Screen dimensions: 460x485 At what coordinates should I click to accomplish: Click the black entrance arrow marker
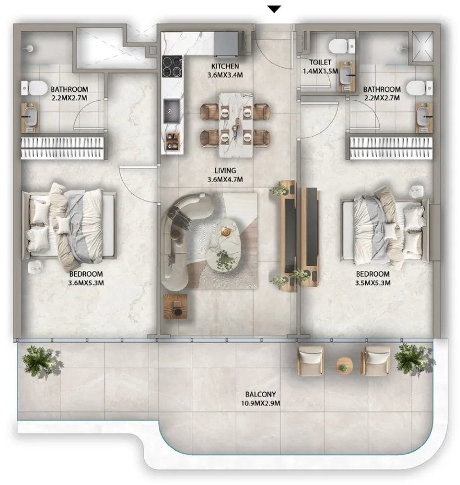[274, 10]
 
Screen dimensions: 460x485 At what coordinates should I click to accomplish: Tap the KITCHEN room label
[225, 66]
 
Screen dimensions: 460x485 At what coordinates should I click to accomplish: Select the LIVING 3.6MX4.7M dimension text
[225, 179]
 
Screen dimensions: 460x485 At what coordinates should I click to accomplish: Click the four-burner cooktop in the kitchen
[172, 67]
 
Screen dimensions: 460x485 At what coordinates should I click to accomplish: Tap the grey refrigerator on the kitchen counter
[226, 44]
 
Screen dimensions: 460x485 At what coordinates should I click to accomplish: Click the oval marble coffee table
[223, 246]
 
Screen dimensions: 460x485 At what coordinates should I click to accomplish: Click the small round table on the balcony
[344, 366]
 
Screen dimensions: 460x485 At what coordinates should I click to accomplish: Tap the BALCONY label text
[260, 394]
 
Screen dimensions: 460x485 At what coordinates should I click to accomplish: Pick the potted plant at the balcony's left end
[39, 362]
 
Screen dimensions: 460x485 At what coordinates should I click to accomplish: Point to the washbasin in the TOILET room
[347, 77]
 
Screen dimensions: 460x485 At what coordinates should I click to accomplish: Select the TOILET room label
[320, 62]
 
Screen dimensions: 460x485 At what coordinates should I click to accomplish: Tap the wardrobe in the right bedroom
[390, 148]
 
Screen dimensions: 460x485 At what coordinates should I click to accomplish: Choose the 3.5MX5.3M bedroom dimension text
[372, 283]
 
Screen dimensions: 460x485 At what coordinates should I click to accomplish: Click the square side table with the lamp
[176, 306]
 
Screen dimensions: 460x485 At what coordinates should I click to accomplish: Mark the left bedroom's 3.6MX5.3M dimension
[86, 283]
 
